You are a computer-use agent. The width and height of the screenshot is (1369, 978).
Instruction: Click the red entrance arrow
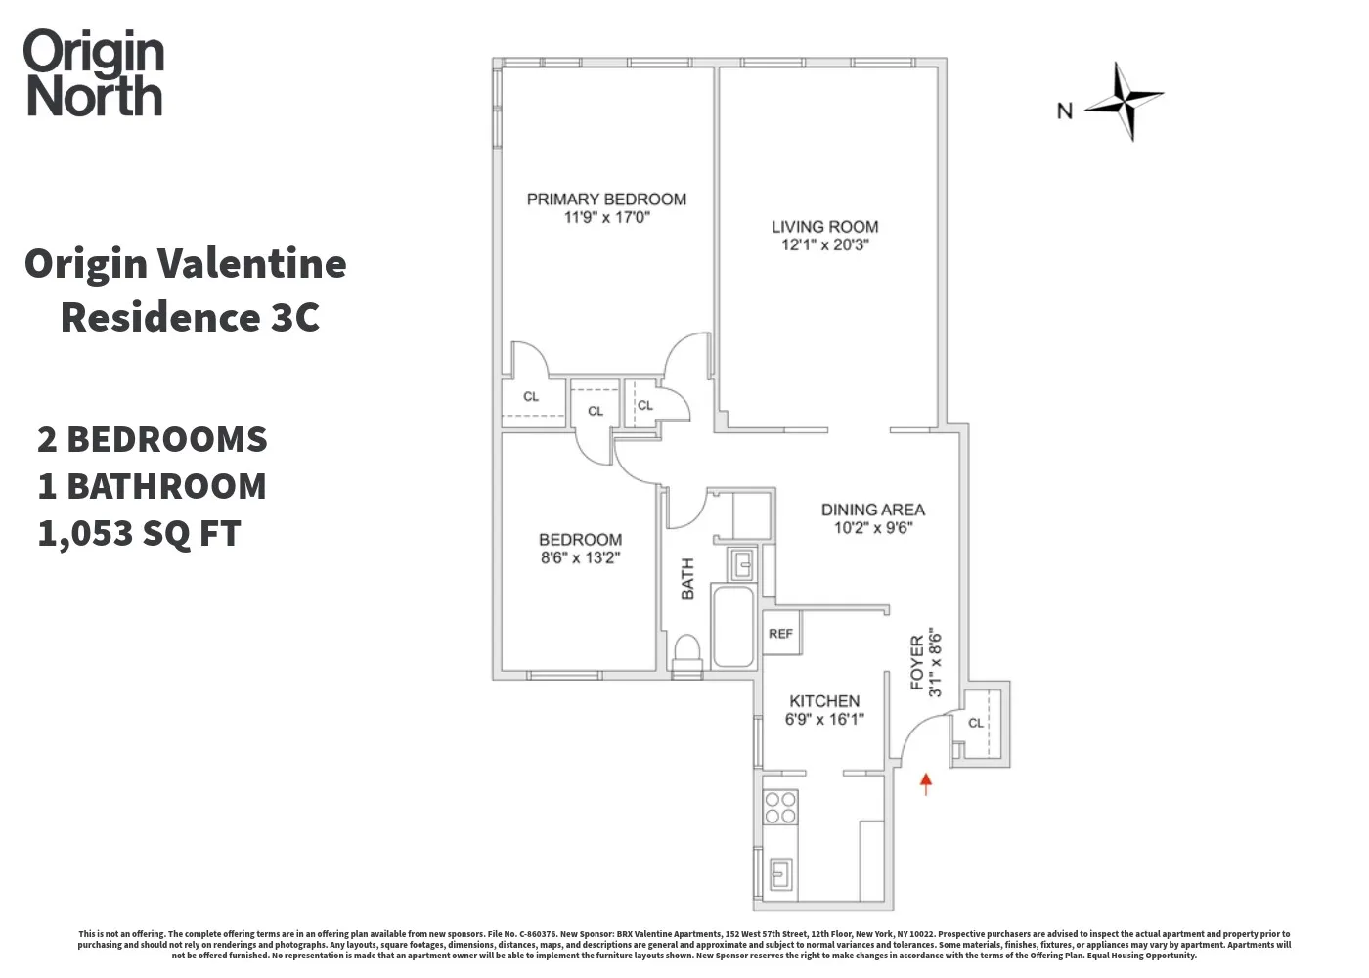pyautogui.click(x=926, y=782)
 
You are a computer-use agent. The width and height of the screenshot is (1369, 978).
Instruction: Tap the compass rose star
pyautogui.click(x=1126, y=100)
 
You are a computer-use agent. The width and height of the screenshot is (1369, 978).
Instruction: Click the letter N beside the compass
pyautogui.click(x=1065, y=111)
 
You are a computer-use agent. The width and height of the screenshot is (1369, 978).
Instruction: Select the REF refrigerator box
pyautogui.click(x=780, y=634)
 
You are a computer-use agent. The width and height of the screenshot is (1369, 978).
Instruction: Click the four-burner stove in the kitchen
pyautogui.click(x=780, y=808)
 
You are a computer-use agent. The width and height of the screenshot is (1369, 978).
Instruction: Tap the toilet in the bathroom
pyautogui.click(x=687, y=652)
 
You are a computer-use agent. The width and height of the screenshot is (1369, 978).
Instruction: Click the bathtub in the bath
pyautogui.click(x=732, y=626)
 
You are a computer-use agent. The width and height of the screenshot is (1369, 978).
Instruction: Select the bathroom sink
pyautogui.click(x=742, y=562)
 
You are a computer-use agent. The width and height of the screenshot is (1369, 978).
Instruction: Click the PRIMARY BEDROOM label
pyautogui.click(x=606, y=199)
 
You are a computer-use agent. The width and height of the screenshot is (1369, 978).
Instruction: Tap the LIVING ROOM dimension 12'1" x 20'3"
pyautogui.click(x=824, y=244)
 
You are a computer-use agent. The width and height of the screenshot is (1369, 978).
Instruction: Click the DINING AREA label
pyautogui.click(x=872, y=510)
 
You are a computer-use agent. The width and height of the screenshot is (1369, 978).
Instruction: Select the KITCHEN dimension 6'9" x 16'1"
pyautogui.click(x=824, y=720)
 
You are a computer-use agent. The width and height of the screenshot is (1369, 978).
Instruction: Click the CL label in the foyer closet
pyautogui.click(x=976, y=723)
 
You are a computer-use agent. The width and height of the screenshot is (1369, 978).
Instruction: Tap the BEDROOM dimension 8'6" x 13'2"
pyautogui.click(x=580, y=558)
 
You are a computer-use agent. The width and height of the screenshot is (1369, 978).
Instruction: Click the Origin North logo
pyautogui.click(x=94, y=74)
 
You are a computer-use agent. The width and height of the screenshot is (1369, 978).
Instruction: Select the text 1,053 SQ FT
pyautogui.click(x=139, y=534)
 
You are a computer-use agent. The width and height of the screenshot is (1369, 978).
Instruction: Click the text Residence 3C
pyautogui.click(x=190, y=317)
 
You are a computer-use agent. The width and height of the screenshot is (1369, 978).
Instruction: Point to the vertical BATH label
pyautogui.click(x=687, y=578)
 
